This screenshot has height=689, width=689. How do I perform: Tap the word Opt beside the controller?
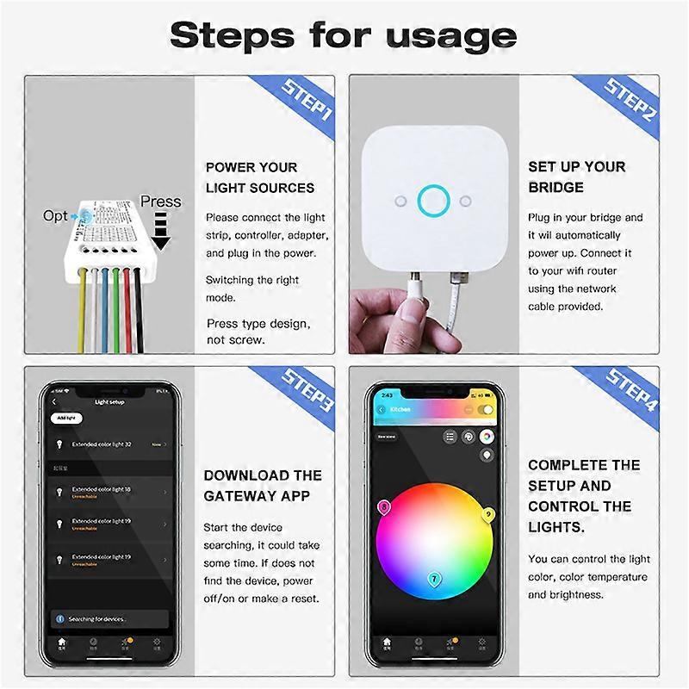tap(55, 215)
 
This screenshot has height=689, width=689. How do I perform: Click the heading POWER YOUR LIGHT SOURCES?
tap(259, 177)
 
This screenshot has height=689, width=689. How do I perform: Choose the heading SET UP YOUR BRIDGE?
tap(576, 177)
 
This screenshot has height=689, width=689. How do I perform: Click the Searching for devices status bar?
tap(109, 618)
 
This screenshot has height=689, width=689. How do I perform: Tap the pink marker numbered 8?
tap(384, 508)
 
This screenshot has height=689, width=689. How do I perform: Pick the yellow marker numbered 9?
tap(488, 515)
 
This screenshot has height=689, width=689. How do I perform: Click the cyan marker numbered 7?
tap(434, 579)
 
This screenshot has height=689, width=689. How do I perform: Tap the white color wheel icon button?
tap(487, 437)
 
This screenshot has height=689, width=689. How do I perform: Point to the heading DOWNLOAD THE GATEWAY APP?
tap(263, 486)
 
